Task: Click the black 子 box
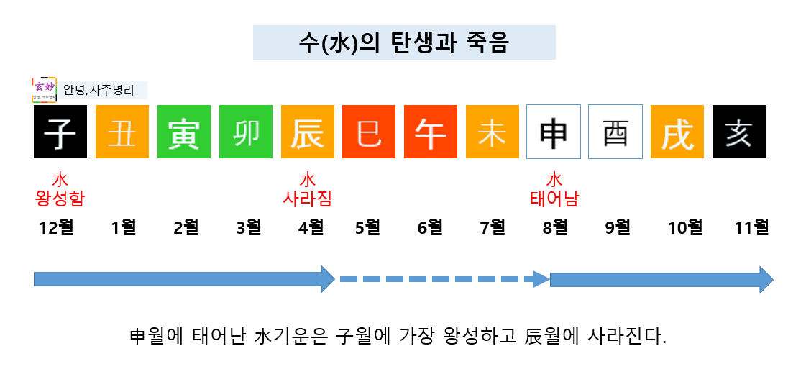pos(60,132)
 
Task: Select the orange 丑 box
pos(122,132)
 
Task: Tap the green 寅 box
pos(184,132)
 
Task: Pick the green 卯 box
pos(246,132)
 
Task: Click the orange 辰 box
pos(308,132)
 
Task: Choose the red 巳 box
pos(370,132)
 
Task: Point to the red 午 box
pos(431,132)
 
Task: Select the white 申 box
pos(554,132)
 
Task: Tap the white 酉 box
pos(615,132)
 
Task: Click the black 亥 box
pos(738,132)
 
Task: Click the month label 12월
pos(57,228)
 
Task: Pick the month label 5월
pos(367,228)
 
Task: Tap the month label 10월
pos(684,228)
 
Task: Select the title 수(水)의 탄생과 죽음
pos(403,43)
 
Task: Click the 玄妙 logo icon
pos(45,90)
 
